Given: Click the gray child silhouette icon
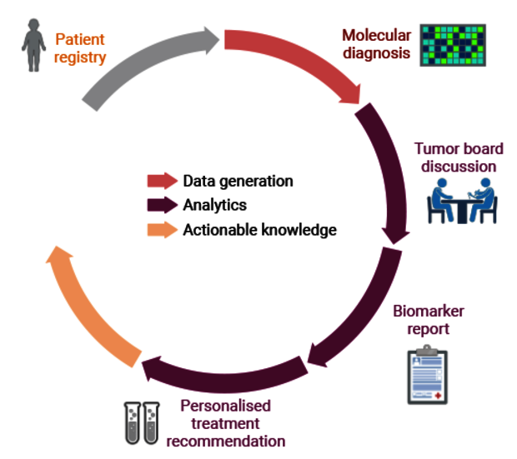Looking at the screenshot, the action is pyautogui.click(x=33, y=45).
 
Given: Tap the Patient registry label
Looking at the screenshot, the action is pyautogui.click(x=80, y=48).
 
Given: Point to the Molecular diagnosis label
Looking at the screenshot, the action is pyautogui.click(x=377, y=44).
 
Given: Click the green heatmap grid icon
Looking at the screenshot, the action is pyautogui.click(x=453, y=45).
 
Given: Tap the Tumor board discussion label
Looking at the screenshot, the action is pyautogui.click(x=459, y=157).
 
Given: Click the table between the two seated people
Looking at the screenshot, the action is pyautogui.click(x=462, y=211).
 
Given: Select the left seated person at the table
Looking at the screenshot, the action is pyautogui.click(x=440, y=200).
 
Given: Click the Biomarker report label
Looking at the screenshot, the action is pyautogui.click(x=429, y=320).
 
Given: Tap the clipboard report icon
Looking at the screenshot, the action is pyautogui.click(x=428, y=375).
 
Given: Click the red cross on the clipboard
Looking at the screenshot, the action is pyautogui.click(x=438, y=396).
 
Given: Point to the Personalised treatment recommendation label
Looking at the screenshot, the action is pyautogui.click(x=226, y=424).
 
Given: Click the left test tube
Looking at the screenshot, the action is pyautogui.click(x=133, y=423).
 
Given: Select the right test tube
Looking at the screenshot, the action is pyautogui.click(x=151, y=423).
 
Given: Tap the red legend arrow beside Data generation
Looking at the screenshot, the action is pyautogui.click(x=163, y=181).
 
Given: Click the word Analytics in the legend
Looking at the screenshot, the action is pyautogui.click(x=214, y=205).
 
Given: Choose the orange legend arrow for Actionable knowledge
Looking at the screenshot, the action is pyautogui.click(x=163, y=230).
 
